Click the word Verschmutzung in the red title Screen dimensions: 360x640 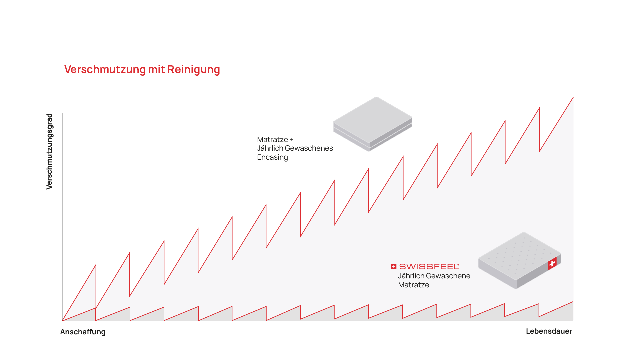[x=105, y=69]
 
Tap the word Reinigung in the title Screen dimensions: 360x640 [x=193, y=69]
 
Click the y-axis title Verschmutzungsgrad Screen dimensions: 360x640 [x=49, y=151]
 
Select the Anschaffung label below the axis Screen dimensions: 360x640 [x=83, y=332]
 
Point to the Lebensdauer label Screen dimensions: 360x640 [x=549, y=331]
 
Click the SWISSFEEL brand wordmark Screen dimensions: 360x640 [x=429, y=266]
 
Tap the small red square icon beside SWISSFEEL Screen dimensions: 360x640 [x=394, y=266]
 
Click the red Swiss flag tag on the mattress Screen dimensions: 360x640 [x=552, y=263]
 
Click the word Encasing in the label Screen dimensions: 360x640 [x=272, y=157]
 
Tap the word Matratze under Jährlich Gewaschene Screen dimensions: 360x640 [x=413, y=285]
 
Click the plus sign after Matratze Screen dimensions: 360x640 [x=292, y=140]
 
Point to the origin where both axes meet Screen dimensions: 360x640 [x=62, y=321]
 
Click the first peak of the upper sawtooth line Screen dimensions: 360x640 [x=96, y=265]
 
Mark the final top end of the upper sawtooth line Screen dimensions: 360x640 [x=573, y=97]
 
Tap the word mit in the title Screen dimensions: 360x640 [x=156, y=69]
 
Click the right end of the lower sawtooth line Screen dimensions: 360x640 [x=572, y=302]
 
